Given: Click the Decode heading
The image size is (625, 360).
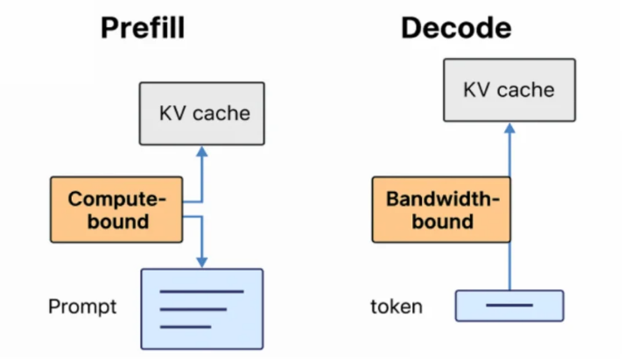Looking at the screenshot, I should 455,28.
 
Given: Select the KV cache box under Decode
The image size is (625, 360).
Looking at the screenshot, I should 509,90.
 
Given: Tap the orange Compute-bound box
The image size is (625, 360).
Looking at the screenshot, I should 116,209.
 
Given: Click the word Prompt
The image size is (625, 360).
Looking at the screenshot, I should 82,307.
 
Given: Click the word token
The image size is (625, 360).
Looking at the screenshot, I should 397,307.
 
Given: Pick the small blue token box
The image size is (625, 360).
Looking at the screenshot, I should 509,306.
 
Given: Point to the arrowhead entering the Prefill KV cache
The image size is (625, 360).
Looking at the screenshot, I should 202,152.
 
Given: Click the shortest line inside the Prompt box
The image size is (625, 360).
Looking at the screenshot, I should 186,327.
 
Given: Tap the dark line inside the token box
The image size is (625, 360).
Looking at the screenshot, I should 509,306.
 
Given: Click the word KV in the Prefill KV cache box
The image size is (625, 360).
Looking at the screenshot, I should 172,114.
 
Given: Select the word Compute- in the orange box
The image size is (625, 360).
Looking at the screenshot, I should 117,199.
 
